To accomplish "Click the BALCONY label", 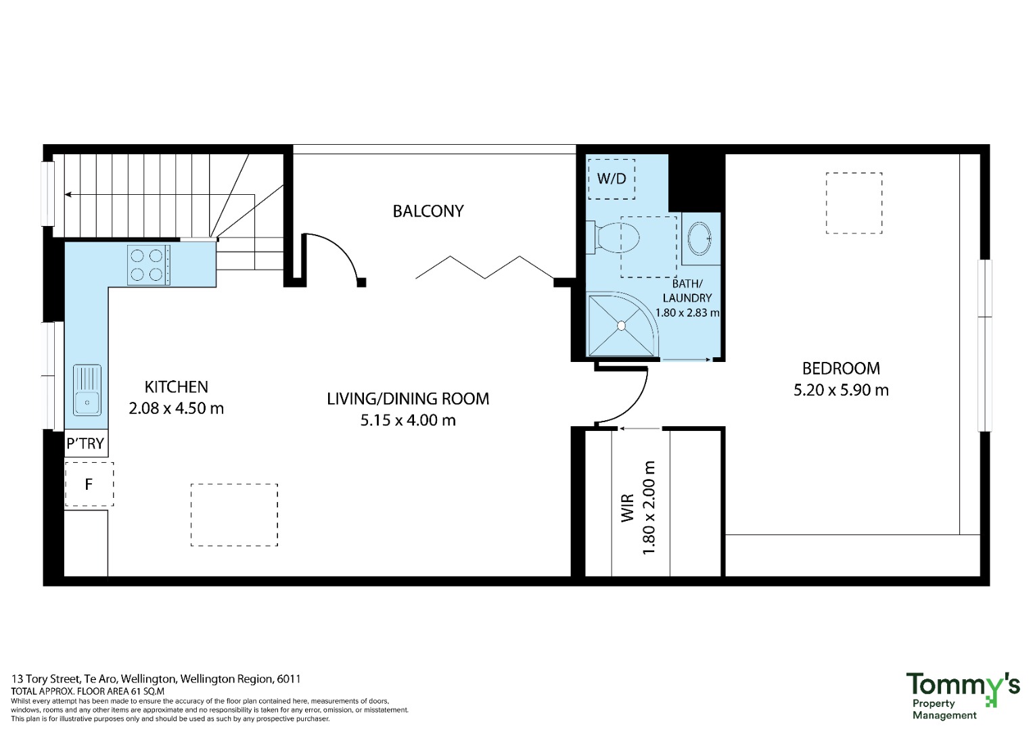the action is click(428, 211).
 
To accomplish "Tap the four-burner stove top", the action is click(149, 265).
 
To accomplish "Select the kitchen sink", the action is click(87, 390).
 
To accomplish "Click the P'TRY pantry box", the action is click(86, 443).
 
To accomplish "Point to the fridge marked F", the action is click(89, 484).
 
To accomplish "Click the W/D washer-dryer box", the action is click(612, 179).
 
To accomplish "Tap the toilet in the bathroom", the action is click(614, 238).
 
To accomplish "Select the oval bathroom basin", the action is click(699, 238).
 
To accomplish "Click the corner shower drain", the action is click(621, 326).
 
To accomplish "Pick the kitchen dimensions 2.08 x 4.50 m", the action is click(176, 409).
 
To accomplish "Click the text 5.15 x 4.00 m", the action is click(408, 421).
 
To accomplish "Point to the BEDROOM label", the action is click(841, 369).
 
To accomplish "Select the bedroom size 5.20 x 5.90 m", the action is click(841, 390).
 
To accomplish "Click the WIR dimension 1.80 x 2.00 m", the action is click(649, 507).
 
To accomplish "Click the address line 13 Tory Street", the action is click(156, 679).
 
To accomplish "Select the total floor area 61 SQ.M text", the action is click(88, 691).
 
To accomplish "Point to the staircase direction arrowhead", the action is click(68, 195).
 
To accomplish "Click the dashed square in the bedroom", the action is click(854, 203).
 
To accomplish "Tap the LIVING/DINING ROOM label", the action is click(408, 399).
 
